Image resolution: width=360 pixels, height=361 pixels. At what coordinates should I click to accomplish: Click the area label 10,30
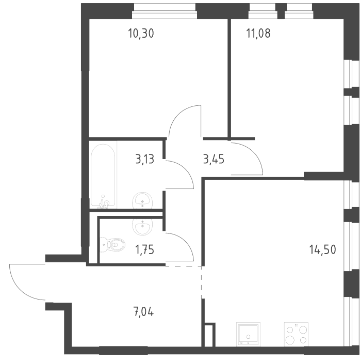[x=141, y=34]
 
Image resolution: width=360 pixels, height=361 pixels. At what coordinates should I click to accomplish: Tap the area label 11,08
[x=258, y=34]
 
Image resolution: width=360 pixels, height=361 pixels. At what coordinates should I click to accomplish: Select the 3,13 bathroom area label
[x=144, y=159]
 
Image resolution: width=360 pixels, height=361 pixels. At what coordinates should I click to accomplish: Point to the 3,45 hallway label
[x=214, y=159]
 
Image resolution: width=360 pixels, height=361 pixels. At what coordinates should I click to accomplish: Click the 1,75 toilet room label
[x=144, y=250]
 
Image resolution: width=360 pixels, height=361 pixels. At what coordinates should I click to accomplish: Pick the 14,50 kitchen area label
[x=323, y=249]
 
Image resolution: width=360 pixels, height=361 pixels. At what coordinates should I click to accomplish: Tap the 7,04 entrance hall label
[x=143, y=312]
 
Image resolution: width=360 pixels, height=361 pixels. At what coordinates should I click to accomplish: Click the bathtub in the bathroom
[x=103, y=176]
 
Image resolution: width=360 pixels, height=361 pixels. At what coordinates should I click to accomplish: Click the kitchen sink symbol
[x=248, y=334]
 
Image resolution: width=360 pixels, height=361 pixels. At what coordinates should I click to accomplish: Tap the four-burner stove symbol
[x=297, y=334]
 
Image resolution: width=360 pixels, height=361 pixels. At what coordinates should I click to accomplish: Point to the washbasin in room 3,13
[x=142, y=200]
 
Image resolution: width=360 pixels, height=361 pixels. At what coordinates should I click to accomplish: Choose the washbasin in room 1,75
[x=142, y=227]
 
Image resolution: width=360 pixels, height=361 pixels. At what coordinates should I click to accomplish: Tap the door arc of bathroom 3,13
[x=185, y=169]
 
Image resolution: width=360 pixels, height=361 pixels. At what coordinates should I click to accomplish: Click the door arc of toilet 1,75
[x=185, y=242]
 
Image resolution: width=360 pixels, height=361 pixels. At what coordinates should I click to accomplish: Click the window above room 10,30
[x=165, y=11]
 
